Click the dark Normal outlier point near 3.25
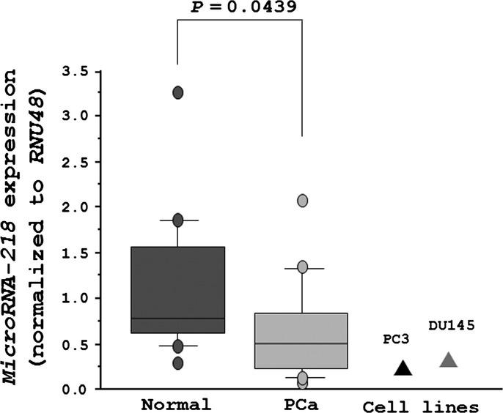coord(177,92)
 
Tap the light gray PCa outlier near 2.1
coord(302,201)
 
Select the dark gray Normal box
coord(177,289)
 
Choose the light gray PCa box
coord(302,341)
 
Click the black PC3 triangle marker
coord(403,368)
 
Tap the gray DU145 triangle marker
coord(449,360)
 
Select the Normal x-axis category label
coord(177,403)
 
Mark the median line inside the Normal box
coord(177,319)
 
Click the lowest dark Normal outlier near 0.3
coord(177,362)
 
